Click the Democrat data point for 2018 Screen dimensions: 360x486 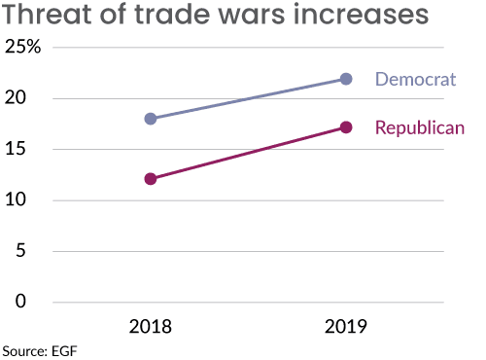click(x=151, y=119)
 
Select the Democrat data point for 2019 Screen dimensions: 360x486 click(x=345, y=79)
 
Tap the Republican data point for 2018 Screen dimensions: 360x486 click(x=151, y=179)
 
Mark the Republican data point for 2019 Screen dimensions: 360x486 click(x=345, y=127)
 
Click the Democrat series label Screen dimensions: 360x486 click(x=415, y=79)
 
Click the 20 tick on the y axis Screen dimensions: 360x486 click(x=28, y=98)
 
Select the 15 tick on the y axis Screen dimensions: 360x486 click(x=28, y=149)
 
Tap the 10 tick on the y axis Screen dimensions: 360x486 click(x=28, y=199)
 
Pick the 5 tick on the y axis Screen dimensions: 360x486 click(x=34, y=250)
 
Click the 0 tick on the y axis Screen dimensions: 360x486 click(x=34, y=302)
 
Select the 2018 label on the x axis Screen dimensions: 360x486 click(x=151, y=327)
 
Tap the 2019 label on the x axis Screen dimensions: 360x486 click(x=345, y=327)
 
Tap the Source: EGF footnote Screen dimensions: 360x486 click(x=39, y=350)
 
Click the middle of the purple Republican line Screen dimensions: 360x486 click(x=248, y=154)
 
